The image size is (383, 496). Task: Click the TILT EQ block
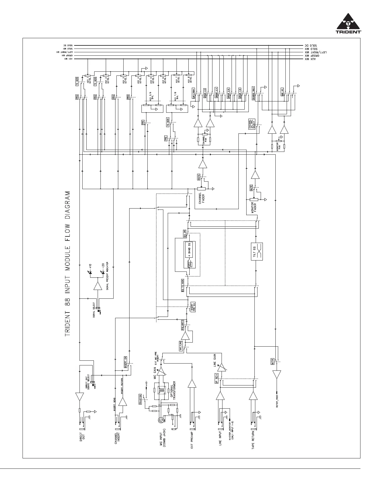tap(257, 251)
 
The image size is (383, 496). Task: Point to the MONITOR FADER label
tap(255, 206)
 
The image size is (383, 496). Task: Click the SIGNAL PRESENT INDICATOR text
tap(107, 276)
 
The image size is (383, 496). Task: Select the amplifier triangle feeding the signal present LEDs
tap(98, 286)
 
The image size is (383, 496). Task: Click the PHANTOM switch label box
tap(140, 399)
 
